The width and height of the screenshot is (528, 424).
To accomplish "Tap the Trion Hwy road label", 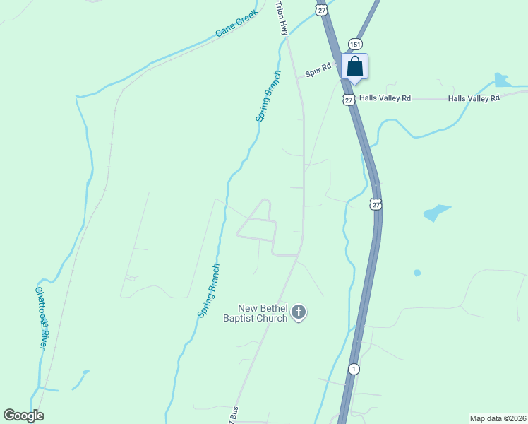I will (282, 18).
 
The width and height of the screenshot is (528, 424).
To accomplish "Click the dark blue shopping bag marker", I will (355, 66).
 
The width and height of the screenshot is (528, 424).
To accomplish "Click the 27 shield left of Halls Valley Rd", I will (349, 100).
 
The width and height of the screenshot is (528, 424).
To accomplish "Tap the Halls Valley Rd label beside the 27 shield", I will (385, 98).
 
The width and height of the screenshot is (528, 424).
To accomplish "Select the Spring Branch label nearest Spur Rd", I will (268, 96).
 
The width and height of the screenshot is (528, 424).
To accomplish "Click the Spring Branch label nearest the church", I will (209, 290).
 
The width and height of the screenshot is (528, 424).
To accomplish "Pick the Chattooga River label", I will (42, 317).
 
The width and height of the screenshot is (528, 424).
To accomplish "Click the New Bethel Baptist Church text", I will (263, 313).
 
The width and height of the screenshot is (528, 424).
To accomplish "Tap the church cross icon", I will (299, 312).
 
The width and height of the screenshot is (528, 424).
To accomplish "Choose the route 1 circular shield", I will (354, 369).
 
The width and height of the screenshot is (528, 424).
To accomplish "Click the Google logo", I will (23, 416).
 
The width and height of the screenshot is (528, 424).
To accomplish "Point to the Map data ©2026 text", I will (497, 418).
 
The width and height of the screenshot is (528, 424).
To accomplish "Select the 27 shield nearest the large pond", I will (376, 204).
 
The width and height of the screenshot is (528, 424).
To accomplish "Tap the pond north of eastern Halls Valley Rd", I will (502, 80).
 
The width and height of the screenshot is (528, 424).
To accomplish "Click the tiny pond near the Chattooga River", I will (85, 372).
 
